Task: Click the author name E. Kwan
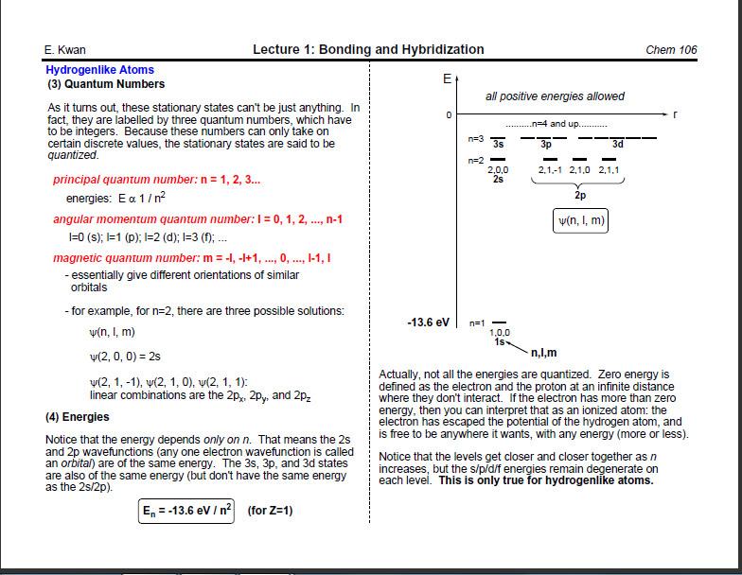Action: pos(65,50)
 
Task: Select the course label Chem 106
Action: pos(671,50)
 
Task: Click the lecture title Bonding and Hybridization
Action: pos(368,49)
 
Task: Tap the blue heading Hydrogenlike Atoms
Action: pos(99,70)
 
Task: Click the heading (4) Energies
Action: pos(78,417)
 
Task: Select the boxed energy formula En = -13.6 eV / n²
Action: pos(187,511)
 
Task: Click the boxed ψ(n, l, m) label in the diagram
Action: pos(580,221)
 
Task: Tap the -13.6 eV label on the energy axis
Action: pos(428,322)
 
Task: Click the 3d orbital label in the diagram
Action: pos(617,144)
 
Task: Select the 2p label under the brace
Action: pos(580,196)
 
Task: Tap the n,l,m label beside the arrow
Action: pos(543,354)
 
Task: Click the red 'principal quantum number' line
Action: pos(156,180)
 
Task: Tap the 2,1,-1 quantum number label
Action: pos(550,170)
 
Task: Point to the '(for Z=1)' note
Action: pos(270,511)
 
